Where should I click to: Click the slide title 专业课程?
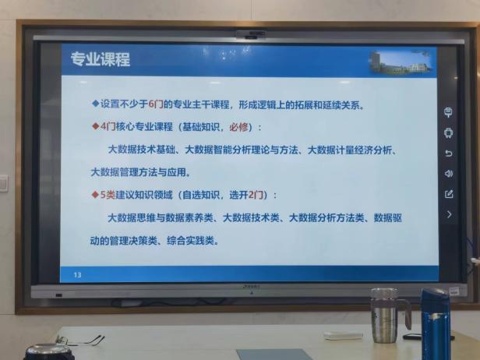coord(101,59)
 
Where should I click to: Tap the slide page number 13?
coord(77,275)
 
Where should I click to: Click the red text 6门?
coord(156,104)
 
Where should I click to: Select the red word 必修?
coord(238,127)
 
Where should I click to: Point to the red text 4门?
coord(108,126)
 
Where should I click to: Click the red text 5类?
coord(108,195)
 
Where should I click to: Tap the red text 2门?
coord(256,195)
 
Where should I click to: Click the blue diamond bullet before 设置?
coord(96,104)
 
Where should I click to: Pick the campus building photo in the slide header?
coord(401,62)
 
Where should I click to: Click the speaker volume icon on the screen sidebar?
coord(449,174)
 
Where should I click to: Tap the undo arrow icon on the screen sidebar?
coord(449,153)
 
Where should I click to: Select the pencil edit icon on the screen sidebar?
coord(449,194)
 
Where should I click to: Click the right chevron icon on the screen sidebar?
coord(449,214)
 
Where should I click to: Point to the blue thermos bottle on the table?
coord(436,324)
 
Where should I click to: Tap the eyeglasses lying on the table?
coord(80,340)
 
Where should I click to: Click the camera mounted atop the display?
coord(251,34)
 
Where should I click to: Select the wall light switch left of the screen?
coord(4,183)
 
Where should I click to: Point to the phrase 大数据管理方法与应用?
coord(139,172)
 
